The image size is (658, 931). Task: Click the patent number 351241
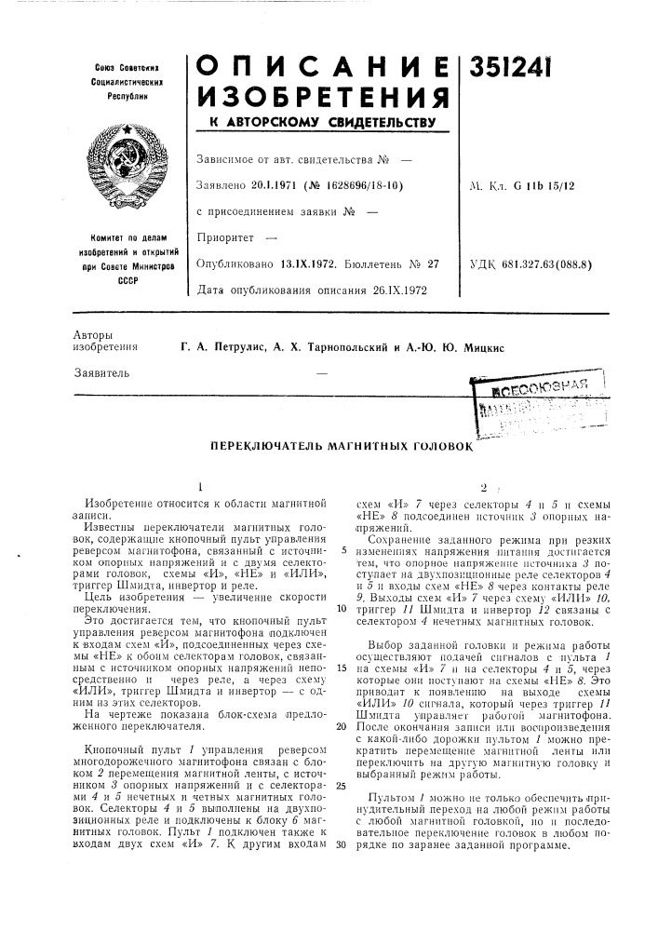pyautogui.click(x=523, y=72)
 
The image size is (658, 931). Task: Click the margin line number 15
pyautogui.click(x=342, y=643)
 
